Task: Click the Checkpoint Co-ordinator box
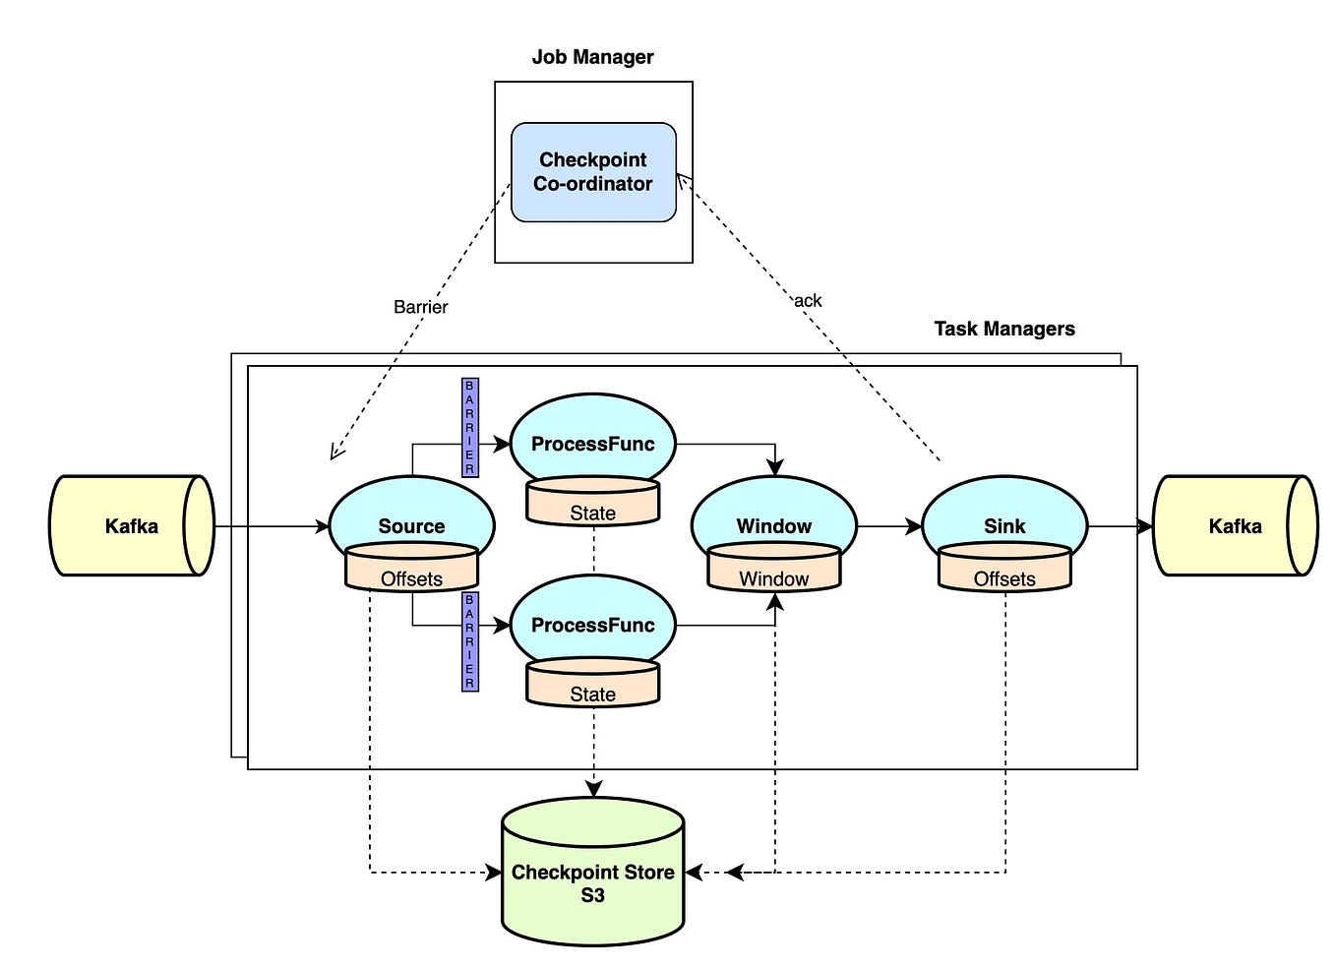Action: coord(593,172)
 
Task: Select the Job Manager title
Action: coord(592,57)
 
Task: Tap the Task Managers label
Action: coord(1003,329)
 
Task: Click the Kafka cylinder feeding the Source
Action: coord(131,525)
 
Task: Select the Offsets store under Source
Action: coord(411,571)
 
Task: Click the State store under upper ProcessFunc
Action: coord(592,504)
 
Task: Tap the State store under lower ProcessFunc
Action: coord(592,685)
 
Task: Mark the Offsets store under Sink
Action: coord(1003,571)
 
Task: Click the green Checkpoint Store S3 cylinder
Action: coord(592,876)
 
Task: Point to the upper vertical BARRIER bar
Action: coord(469,427)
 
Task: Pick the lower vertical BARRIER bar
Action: coord(469,641)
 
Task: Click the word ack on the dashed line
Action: coord(808,301)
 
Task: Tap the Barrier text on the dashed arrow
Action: coord(420,307)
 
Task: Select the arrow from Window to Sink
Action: coord(889,527)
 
